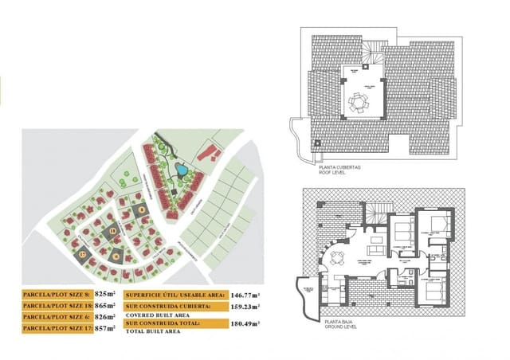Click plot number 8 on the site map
point(143,210)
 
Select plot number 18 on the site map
point(113,232)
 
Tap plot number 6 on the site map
point(116,256)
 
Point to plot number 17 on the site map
point(82,255)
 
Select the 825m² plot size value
point(106,294)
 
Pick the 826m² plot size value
point(106,316)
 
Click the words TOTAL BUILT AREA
point(153,331)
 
